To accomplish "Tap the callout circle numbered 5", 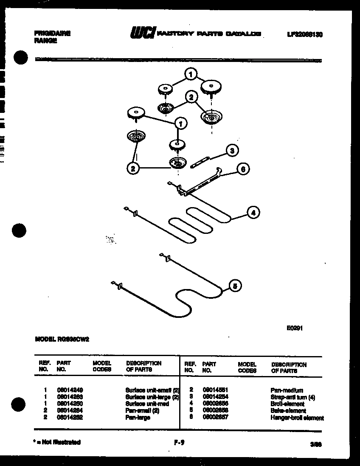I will pos(234,286).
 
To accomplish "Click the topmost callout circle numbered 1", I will pos(191,75).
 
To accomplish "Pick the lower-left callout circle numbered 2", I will pos(133,168).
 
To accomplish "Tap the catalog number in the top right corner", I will pos(305,34).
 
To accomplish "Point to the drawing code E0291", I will pos(295,328).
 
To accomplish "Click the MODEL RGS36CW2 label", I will pos(61,339).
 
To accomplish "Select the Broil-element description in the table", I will pos(287,404).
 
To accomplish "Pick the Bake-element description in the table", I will pos(288,411).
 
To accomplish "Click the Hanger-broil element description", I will pos(297,418).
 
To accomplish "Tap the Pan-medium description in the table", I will pos(287,390).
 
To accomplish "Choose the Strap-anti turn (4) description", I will pos(292,397).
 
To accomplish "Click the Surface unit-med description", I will pos(147,404).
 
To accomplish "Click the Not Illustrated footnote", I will pos(57,442).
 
